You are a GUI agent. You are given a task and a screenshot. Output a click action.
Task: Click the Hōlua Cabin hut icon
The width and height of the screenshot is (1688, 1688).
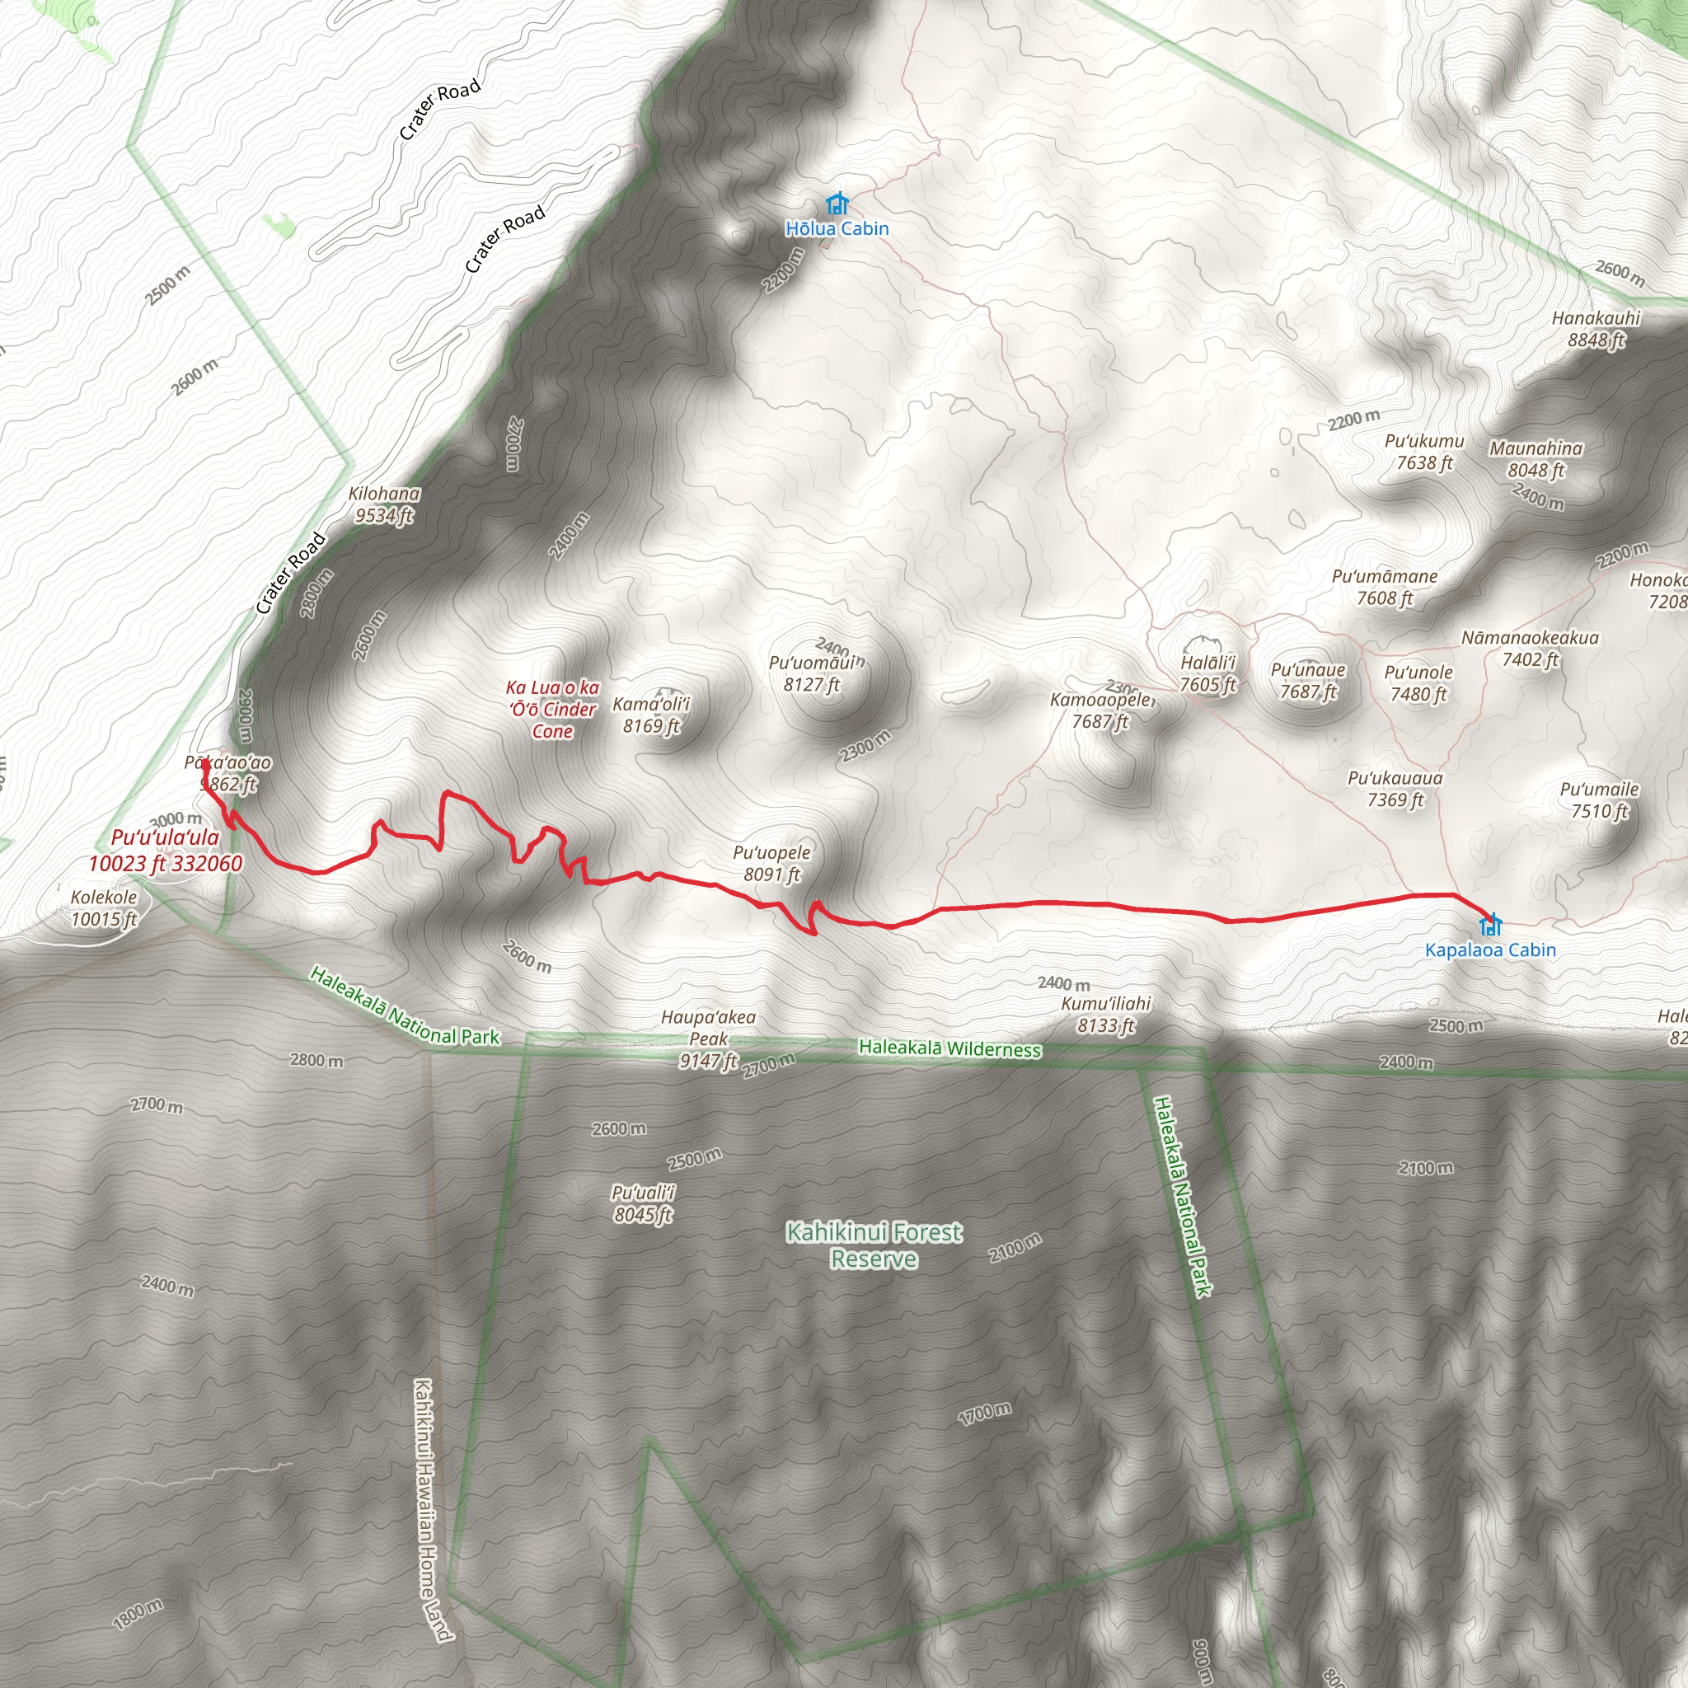click(837, 204)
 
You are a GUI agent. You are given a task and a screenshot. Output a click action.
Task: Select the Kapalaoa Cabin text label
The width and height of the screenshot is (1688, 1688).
click(1489, 949)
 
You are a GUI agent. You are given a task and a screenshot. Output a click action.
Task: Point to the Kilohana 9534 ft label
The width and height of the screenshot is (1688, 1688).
click(384, 505)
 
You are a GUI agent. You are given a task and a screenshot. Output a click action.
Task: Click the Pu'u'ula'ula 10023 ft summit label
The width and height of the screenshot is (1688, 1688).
click(165, 850)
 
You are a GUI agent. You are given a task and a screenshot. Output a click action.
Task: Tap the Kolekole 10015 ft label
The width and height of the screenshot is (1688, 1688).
click(104, 907)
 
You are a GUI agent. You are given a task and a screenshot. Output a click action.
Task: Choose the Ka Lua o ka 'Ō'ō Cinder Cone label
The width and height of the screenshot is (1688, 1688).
click(552, 710)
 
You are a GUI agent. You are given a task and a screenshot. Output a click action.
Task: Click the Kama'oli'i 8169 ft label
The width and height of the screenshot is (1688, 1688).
click(651, 715)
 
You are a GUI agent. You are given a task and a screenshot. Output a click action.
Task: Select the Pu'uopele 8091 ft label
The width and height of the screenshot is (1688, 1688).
click(771, 863)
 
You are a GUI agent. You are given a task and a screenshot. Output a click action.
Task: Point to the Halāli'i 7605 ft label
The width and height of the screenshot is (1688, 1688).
click(1208, 673)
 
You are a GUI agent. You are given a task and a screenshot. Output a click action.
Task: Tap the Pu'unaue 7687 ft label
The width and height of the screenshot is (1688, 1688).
click(1308, 681)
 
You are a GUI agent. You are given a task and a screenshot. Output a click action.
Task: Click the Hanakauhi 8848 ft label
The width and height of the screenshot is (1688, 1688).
click(1597, 329)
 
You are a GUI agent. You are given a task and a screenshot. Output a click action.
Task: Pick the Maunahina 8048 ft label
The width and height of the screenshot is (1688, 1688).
click(1536, 460)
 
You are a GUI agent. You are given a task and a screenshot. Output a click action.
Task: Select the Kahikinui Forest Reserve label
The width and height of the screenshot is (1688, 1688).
click(874, 1245)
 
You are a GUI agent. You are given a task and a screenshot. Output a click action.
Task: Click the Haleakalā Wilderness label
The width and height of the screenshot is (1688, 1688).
click(949, 1048)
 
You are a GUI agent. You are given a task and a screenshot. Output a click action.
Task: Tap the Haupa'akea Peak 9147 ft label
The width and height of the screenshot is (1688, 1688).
click(709, 1039)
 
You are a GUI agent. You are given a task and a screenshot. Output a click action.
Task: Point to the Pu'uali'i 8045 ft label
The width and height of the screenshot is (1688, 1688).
click(643, 1203)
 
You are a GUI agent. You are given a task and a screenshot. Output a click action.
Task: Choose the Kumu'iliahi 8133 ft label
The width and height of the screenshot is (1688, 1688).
click(1105, 1015)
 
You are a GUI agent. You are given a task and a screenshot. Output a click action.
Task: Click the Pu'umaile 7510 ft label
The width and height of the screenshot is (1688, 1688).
click(1600, 800)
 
